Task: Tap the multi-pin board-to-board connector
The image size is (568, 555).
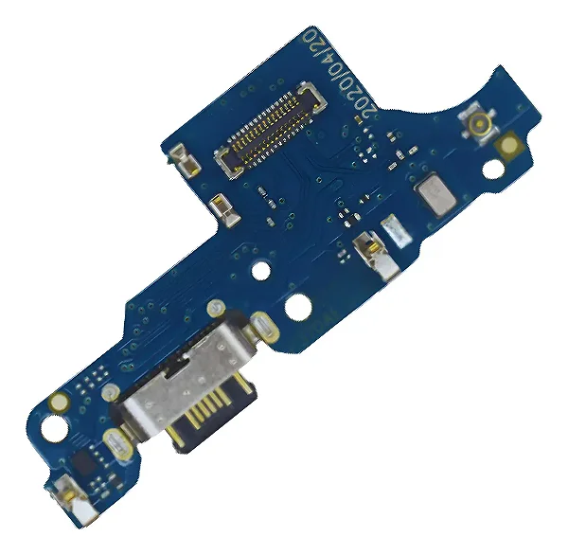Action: [x=270, y=129]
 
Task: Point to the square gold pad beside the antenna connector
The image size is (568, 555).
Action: [x=509, y=145]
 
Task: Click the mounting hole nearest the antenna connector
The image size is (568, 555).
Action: [x=492, y=170]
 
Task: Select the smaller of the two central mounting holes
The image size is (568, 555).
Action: [x=261, y=271]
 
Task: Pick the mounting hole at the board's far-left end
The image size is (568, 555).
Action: [x=54, y=428]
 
